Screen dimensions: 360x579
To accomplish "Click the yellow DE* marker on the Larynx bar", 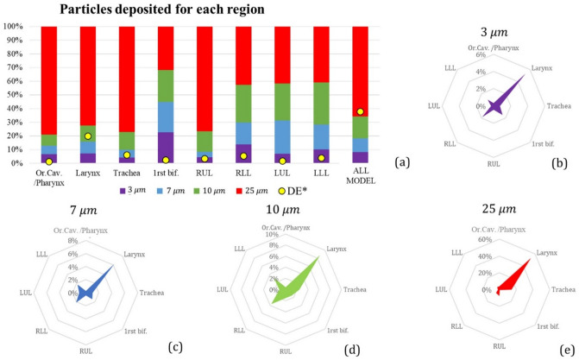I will pyautogui.click(x=87, y=136).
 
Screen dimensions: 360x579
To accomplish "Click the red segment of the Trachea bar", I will pyautogui.click(x=128, y=78).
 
